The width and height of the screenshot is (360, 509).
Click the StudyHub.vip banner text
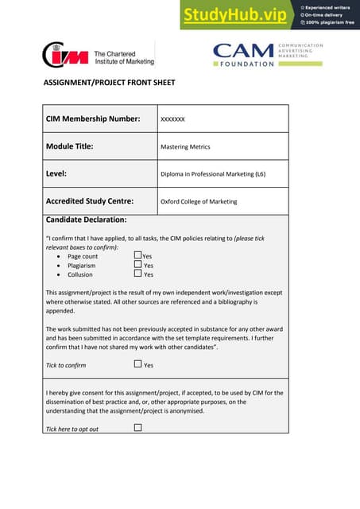[236, 14]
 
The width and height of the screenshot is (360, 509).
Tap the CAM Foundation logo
[266, 54]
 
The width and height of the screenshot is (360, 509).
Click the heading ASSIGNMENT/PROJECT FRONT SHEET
[108, 83]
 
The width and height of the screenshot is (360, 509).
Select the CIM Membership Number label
[93, 119]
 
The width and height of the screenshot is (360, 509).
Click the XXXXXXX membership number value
[172, 119]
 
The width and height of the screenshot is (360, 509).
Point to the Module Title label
[70, 146]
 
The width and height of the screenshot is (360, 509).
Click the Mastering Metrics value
[185, 147]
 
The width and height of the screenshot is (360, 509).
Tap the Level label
[56, 173]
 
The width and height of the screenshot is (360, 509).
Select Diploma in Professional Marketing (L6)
[212, 174]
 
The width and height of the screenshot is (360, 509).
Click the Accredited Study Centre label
[90, 201]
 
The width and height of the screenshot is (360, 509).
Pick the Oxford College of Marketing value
[199, 202]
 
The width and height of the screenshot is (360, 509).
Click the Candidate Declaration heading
[86, 220]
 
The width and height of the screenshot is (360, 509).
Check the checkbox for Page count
[137, 255]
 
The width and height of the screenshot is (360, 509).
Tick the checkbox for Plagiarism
[137, 264]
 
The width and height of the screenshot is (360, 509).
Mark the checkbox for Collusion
[137, 274]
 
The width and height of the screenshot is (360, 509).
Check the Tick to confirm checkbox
[137, 364]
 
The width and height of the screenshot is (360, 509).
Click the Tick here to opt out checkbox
[137, 428]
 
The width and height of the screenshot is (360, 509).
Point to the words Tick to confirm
[66, 365]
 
